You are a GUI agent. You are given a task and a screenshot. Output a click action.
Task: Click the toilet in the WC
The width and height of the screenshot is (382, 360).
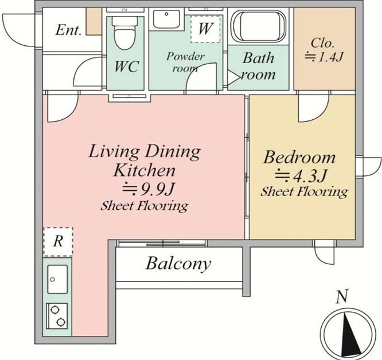click(124, 32)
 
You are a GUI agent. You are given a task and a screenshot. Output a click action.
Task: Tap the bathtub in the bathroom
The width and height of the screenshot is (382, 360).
click(259, 26)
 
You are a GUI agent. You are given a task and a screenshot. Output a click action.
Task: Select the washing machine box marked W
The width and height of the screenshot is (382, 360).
click(205, 29)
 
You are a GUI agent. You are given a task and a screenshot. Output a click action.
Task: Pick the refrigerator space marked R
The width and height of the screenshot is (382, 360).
click(58, 241)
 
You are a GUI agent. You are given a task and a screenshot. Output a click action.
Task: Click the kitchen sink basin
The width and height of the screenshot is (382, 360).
click(57, 279)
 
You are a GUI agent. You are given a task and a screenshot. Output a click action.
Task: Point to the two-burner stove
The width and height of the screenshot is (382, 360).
click(57, 316)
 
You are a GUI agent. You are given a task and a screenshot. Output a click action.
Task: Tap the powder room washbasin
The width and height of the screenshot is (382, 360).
click(166, 19)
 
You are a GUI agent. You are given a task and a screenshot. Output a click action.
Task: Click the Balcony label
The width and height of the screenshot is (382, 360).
click(178, 264)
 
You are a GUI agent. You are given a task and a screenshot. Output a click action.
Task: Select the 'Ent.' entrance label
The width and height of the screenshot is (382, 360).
click(68, 30)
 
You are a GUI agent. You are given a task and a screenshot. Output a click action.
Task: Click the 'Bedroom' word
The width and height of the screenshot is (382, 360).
click(299, 157)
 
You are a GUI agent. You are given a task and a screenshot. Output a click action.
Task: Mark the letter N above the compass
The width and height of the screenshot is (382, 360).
click(341, 296)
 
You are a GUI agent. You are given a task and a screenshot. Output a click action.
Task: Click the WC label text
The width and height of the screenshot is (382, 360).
click(126, 66)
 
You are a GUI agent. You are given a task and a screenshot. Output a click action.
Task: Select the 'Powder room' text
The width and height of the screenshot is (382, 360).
click(185, 62)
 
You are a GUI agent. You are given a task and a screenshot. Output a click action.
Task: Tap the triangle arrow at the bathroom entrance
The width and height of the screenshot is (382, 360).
click(233, 77)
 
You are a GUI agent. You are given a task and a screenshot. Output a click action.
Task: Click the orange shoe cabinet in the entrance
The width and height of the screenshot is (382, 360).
click(94, 21)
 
